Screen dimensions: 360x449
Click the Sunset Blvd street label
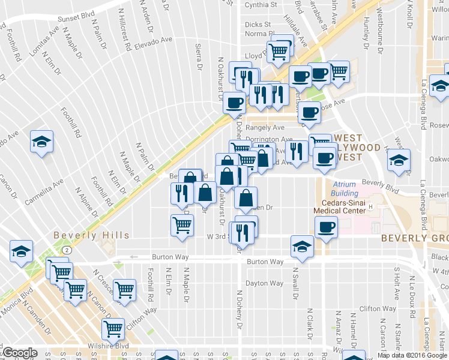[x=76, y=19]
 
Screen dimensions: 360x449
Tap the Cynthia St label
[x=261, y=5]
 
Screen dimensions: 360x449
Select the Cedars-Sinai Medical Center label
[x=340, y=206]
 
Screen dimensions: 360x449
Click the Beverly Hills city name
[x=91, y=235]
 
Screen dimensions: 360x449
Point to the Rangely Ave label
[x=268, y=127]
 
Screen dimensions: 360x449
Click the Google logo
[x=19, y=353]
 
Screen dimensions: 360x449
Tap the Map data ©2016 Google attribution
[x=412, y=355]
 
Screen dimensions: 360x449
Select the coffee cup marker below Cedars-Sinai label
[x=326, y=228]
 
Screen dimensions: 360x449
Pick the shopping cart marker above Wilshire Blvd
[x=113, y=328]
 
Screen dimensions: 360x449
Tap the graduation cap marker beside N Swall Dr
[x=302, y=245]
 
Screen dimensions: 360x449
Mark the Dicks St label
[x=258, y=25]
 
